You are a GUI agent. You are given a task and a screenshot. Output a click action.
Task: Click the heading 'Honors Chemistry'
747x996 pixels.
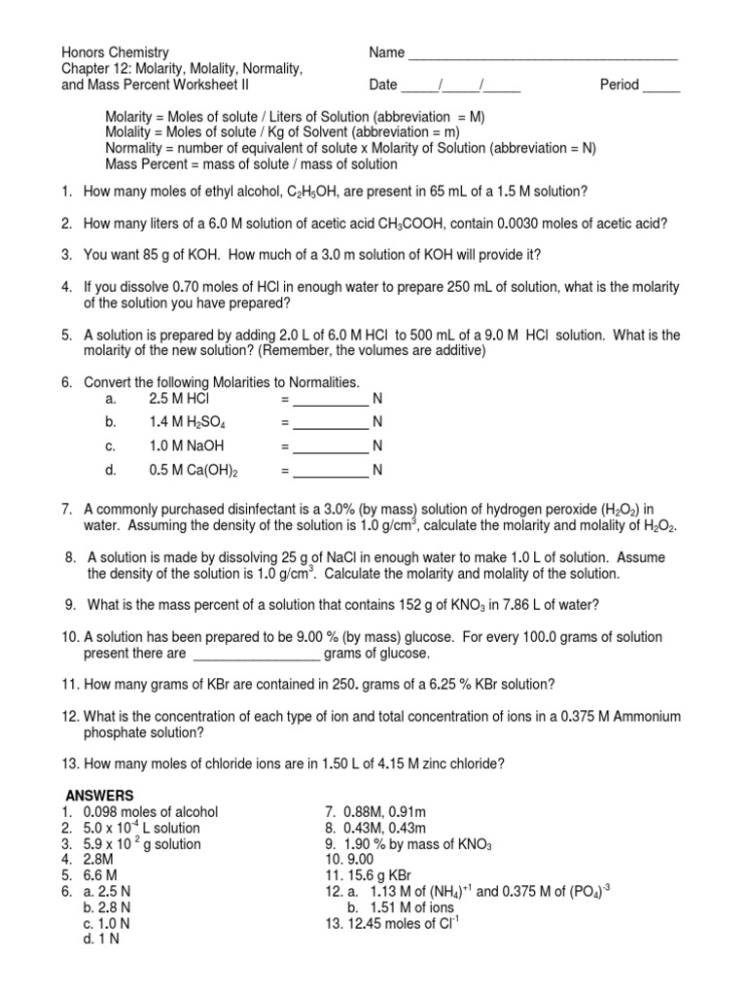[116, 53]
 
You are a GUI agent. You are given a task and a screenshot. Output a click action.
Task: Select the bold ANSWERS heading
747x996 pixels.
[99, 795]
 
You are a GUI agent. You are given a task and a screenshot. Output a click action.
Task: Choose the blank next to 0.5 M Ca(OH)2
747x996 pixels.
[331, 472]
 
